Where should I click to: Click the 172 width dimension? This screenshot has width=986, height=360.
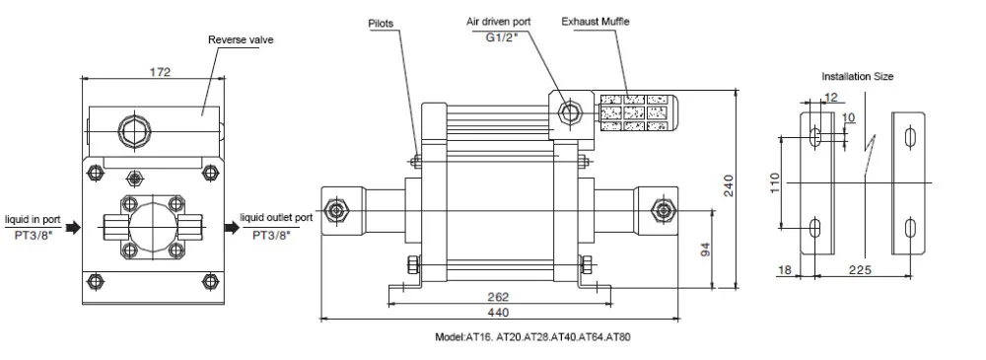tap(161, 72)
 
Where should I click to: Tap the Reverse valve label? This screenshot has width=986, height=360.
tap(241, 39)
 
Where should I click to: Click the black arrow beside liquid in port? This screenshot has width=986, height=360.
tap(74, 227)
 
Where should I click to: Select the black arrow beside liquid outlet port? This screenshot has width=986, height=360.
tap(233, 227)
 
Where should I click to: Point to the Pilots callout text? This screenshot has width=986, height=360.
tap(381, 24)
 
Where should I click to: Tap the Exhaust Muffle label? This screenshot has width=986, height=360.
tap(596, 22)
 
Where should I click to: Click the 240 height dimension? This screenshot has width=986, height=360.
tap(729, 185)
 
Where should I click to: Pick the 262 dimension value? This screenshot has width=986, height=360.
tap(498, 297)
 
